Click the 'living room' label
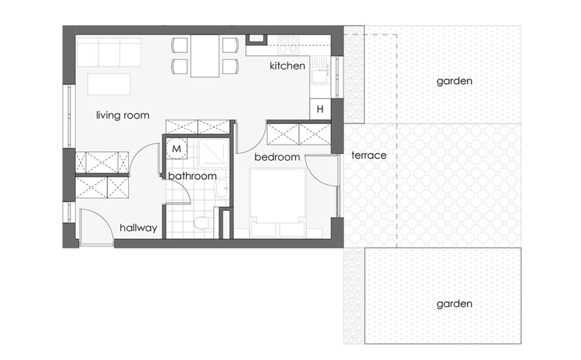(x=123, y=115)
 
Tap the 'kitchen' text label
(x=287, y=66)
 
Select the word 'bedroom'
(x=277, y=157)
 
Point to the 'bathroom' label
(x=192, y=175)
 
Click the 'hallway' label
(x=138, y=228)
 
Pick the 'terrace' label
(x=369, y=155)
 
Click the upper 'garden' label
(x=454, y=81)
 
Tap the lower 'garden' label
(x=454, y=304)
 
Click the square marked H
(x=320, y=109)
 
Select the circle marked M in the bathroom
(x=177, y=149)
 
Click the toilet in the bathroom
(x=202, y=223)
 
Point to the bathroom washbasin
(x=222, y=188)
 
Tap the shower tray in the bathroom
(x=212, y=152)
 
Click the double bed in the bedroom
(x=278, y=203)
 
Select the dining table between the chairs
(x=205, y=56)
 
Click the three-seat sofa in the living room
(x=109, y=52)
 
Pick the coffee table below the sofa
(x=109, y=84)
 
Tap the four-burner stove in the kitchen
(x=289, y=45)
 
